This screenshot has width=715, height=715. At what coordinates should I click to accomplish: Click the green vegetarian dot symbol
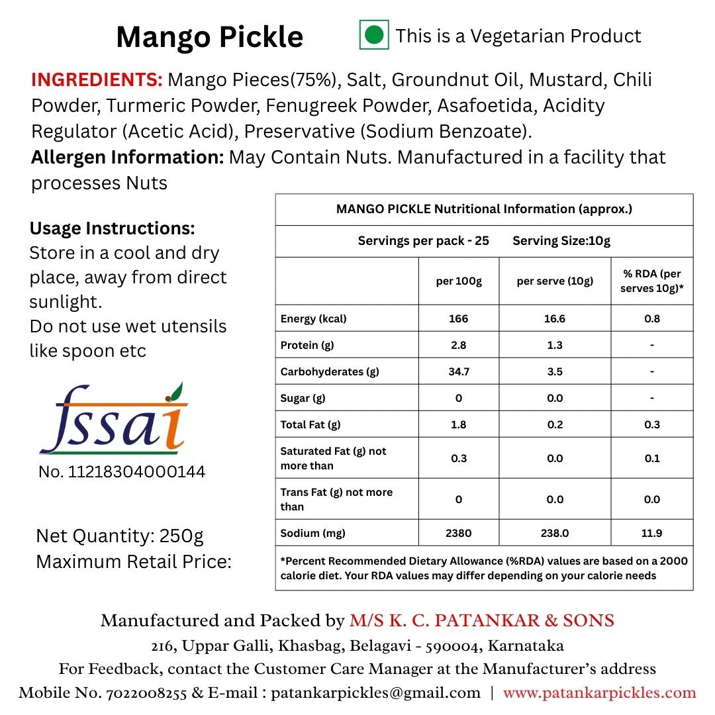(x=374, y=35)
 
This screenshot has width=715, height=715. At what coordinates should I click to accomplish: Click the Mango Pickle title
(x=209, y=37)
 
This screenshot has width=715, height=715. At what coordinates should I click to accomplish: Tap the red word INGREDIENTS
(x=97, y=80)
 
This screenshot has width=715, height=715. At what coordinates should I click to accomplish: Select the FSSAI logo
(x=113, y=421)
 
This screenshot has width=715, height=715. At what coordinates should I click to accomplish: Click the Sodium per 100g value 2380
(x=458, y=533)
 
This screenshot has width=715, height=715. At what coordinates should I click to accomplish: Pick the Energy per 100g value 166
(x=458, y=318)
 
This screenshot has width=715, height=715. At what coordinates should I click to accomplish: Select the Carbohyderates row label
(x=330, y=371)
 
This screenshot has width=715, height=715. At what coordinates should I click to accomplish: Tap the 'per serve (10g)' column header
(x=555, y=281)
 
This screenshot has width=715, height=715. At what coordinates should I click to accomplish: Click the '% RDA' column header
(x=651, y=281)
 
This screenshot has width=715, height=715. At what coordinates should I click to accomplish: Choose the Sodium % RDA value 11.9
(x=651, y=533)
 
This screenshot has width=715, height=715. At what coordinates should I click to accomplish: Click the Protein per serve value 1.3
(x=555, y=345)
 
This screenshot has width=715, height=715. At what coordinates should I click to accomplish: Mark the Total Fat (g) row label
(x=310, y=424)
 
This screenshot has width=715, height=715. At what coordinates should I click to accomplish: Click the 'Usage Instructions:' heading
(x=113, y=229)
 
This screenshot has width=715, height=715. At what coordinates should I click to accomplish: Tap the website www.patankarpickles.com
(x=599, y=693)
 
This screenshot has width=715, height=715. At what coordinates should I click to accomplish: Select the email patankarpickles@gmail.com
(x=375, y=693)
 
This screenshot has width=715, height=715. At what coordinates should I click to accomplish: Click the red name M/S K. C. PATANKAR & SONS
(x=482, y=621)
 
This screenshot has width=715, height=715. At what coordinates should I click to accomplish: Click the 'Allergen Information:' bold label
(x=127, y=158)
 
